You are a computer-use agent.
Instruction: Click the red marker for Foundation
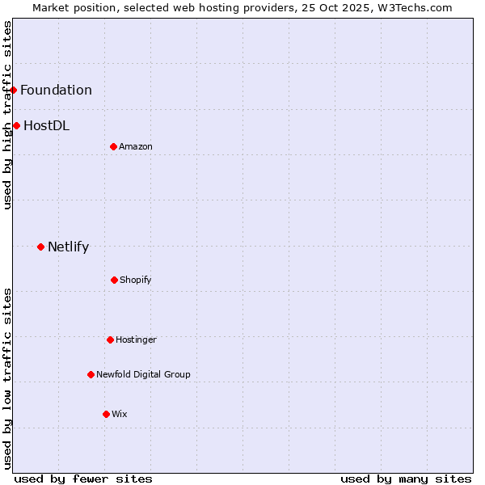pos(14,90)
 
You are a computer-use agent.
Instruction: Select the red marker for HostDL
pos(16,125)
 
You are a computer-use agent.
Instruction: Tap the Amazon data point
pos(113,146)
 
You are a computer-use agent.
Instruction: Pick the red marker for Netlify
pos(40,247)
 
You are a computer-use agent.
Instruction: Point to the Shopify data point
pos(114,280)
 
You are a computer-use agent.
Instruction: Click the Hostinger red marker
pos(110,339)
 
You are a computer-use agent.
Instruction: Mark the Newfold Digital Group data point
pos(91,374)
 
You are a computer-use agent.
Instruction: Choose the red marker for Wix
pos(106,414)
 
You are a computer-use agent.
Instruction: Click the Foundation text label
pos(56,90)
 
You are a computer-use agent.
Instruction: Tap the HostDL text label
pos(46,125)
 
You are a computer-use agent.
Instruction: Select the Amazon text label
pos(136,146)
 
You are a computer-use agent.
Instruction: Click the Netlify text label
pos(68,247)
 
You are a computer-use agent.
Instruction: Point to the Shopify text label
pos(136,280)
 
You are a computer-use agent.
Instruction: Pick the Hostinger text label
pos(136,339)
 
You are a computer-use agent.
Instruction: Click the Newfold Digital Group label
pos(143,374)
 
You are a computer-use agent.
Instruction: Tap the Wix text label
pos(120,414)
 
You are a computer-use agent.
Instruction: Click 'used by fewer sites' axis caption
pos(83,479)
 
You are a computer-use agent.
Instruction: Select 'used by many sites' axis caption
pos(406,479)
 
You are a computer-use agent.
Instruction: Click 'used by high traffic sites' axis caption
pos(7,115)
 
